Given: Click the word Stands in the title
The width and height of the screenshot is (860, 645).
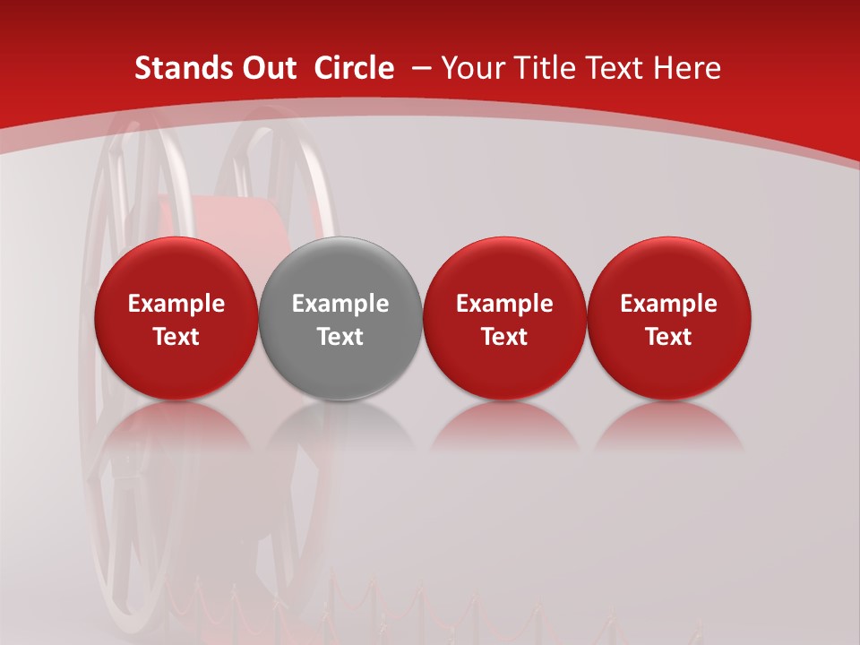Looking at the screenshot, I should (x=176, y=68).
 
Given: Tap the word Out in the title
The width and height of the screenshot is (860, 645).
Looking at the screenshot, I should (x=266, y=68).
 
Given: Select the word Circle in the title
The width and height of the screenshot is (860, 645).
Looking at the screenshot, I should (x=354, y=68).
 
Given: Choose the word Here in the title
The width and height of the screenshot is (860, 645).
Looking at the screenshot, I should (x=688, y=68).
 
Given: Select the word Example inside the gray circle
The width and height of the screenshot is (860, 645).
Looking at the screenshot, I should (x=340, y=304).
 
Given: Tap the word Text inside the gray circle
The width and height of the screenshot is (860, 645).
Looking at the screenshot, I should (x=340, y=337).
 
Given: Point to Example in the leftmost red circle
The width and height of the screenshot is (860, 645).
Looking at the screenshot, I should (x=176, y=304).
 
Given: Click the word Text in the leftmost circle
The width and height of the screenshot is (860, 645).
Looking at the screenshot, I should (x=176, y=337).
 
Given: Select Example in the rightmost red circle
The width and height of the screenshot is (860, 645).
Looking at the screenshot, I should (x=669, y=304).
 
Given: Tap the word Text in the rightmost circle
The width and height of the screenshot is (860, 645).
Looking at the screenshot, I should (x=669, y=337).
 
